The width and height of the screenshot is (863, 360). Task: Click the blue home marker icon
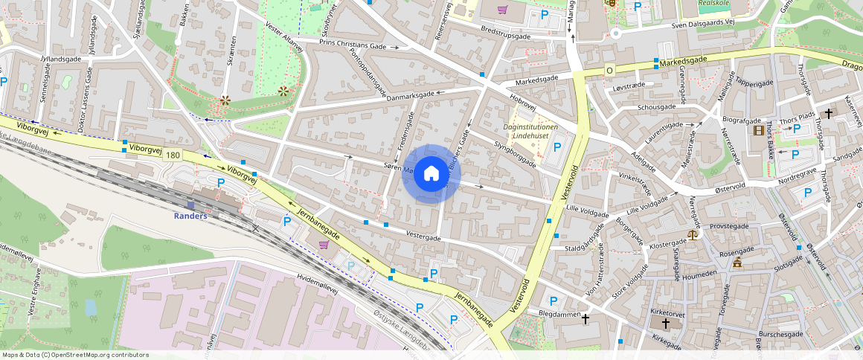pos(431,174)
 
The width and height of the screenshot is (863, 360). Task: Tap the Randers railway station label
pos(190,216)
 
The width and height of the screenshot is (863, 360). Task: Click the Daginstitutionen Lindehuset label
pos(530,132)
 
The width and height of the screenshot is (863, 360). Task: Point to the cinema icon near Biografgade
pos(758,131)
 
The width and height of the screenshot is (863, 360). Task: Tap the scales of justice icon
pos(693,234)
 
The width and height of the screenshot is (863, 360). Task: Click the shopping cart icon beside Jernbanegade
pos(324,244)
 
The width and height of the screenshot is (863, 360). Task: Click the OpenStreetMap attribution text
pos(74,355)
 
